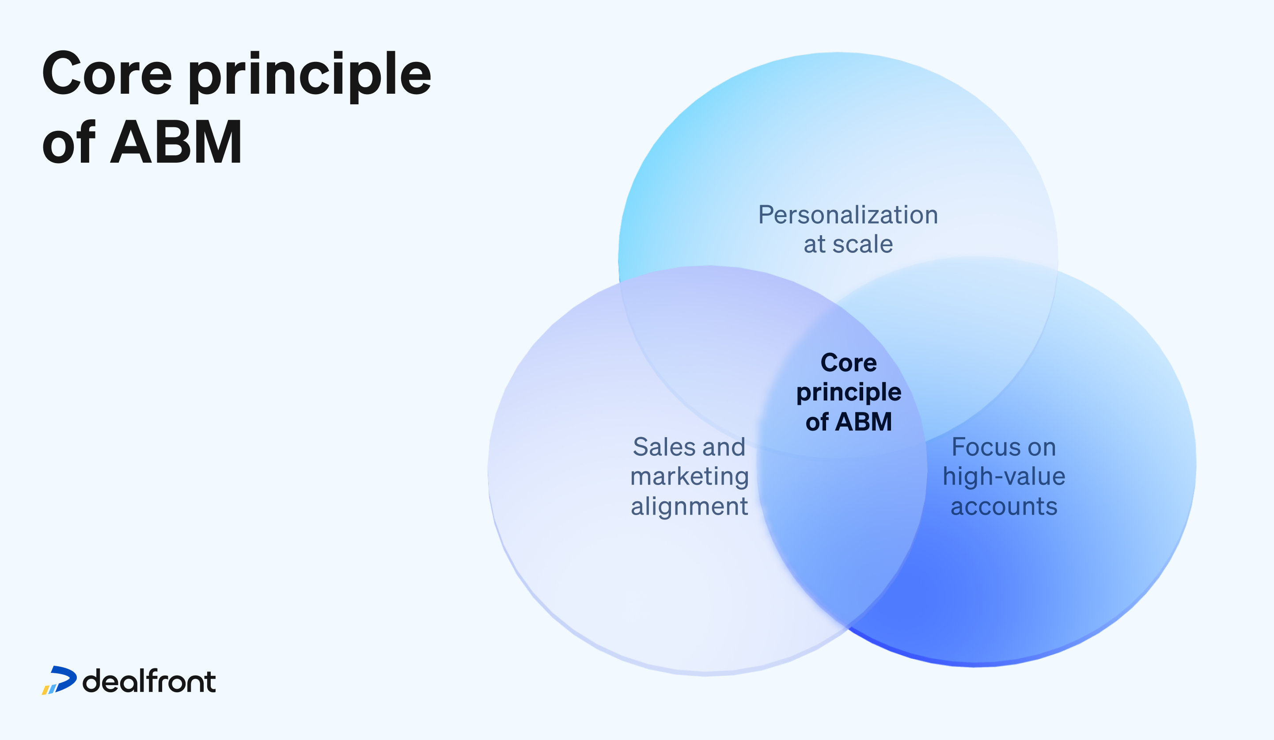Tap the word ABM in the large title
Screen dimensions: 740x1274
click(x=176, y=143)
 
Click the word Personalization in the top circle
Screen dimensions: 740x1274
click(x=848, y=215)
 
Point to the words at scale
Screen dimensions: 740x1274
click(x=848, y=244)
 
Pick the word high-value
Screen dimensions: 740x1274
click(x=1004, y=477)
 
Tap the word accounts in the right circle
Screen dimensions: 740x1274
click(x=1004, y=506)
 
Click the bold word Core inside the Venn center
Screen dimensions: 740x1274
click(x=848, y=363)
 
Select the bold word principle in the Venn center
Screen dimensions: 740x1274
click(x=848, y=393)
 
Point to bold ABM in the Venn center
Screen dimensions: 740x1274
click(x=864, y=422)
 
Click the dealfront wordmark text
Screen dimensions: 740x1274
click(x=149, y=681)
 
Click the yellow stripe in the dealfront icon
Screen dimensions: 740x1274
click(x=45, y=690)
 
